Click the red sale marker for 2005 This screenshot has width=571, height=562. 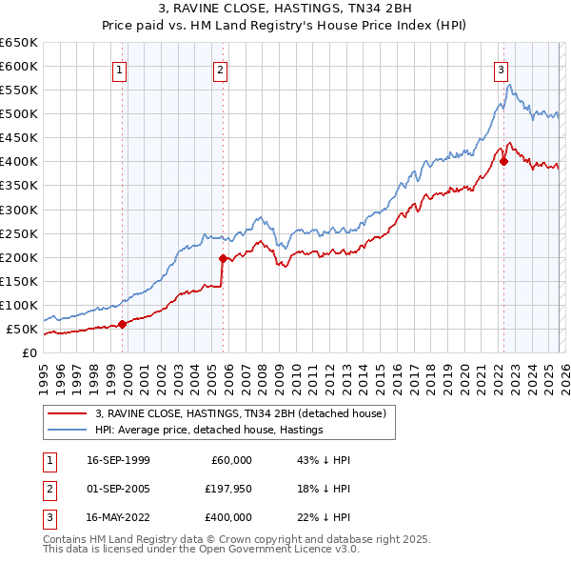coord(223,258)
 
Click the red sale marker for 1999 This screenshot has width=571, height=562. coord(123,324)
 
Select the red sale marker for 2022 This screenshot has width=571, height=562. coord(503,161)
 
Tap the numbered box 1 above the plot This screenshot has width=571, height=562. coord(120,69)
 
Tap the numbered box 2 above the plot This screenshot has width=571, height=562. coord(220,69)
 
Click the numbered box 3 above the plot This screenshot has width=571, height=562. coord(501,69)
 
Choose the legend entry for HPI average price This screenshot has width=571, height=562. coord(209,430)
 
